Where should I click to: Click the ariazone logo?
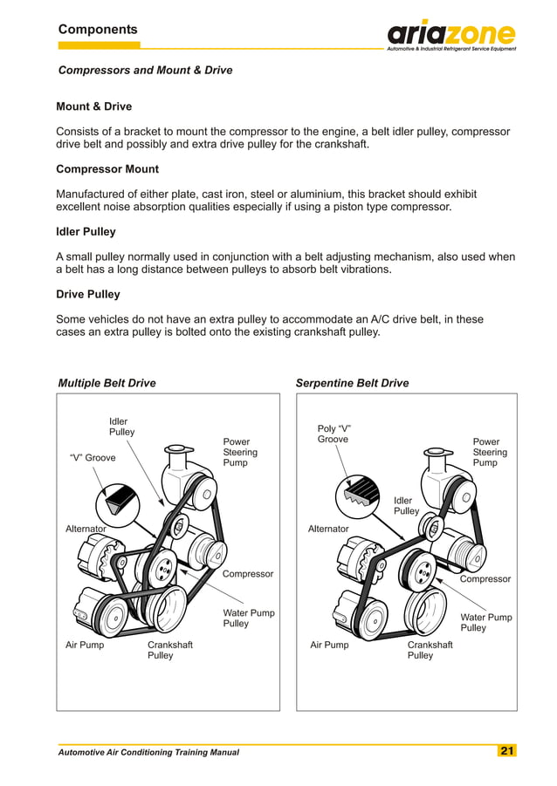click(x=450, y=35)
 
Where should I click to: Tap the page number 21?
click(x=507, y=751)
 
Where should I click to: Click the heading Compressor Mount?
click(x=107, y=168)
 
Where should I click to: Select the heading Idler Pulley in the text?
click(x=86, y=231)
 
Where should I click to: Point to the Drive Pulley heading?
click(x=88, y=294)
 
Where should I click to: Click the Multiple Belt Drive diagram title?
click(x=107, y=383)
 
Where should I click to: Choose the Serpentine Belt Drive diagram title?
click(x=352, y=383)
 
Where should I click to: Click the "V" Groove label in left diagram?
click(x=92, y=457)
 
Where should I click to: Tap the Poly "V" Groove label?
click(x=334, y=434)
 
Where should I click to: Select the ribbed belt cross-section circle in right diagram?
click(x=359, y=495)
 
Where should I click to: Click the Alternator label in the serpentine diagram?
click(x=328, y=529)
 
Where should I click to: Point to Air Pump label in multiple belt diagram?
click(x=85, y=646)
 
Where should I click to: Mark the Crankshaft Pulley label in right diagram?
click(x=430, y=650)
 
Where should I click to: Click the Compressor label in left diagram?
click(x=248, y=574)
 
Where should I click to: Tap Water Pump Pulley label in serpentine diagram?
click(x=485, y=622)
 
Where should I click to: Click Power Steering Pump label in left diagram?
click(x=240, y=452)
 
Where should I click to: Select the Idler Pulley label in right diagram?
click(x=406, y=506)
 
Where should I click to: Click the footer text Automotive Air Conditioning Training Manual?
click(x=148, y=752)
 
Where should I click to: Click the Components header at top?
click(x=98, y=30)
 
